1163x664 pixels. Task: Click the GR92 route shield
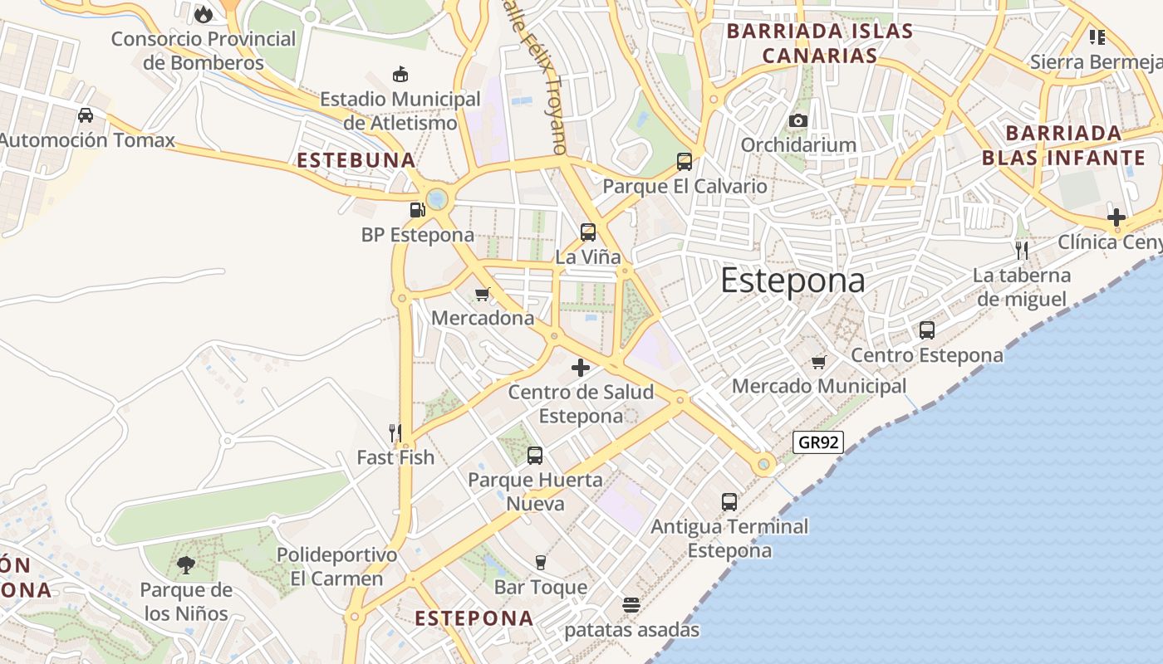point(818,442)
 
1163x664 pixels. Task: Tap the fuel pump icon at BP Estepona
point(418,209)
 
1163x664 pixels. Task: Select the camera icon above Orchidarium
point(798,121)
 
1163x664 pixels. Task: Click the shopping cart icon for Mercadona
point(482,294)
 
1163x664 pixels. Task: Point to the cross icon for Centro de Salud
point(581,368)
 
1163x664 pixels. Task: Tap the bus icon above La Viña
point(588,232)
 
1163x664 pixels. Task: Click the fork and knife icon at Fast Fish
point(395,432)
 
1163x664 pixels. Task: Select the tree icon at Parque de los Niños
point(186,565)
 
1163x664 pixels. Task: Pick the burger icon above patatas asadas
point(631,604)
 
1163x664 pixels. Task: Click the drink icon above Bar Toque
point(541,563)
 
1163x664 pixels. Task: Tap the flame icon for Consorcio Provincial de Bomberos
point(203,14)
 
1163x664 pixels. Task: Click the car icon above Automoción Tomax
point(86,115)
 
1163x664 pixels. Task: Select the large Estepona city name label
point(793,281)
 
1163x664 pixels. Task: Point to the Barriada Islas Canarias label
point(820,44)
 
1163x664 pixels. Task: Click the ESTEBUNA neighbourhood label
point(356,160)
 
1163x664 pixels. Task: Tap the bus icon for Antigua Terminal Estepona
point(729,501)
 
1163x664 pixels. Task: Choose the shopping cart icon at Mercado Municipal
point(819,362)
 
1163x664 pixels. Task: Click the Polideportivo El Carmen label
point(336,566)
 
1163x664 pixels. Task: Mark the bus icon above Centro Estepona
point(927,330)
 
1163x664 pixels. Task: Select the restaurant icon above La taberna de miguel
point(1022,250)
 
